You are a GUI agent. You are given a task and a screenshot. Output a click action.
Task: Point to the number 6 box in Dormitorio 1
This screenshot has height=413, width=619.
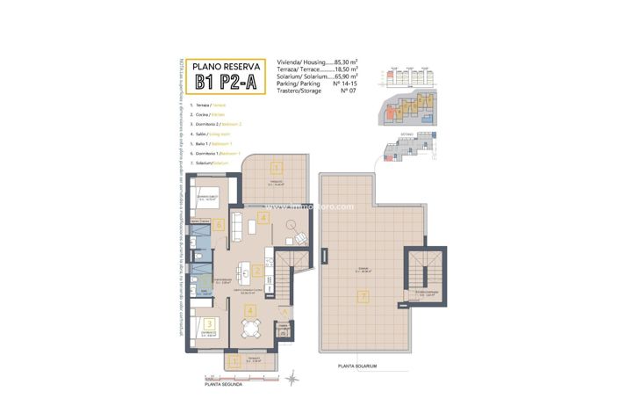point(219,223)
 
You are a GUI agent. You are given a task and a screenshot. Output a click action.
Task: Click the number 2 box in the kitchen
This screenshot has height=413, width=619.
point(257,270)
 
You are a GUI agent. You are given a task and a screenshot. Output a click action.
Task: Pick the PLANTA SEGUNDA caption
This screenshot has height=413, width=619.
point(223,384)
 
